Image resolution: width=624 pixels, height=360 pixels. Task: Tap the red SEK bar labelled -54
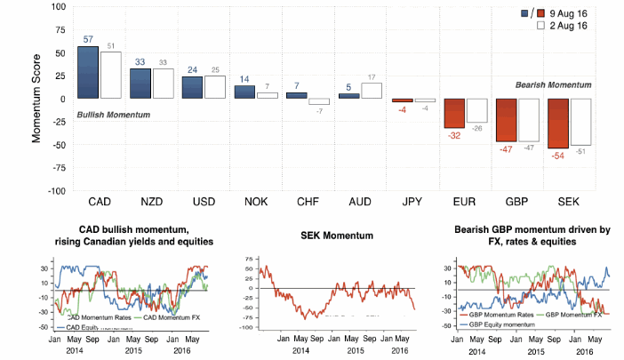point(559,123)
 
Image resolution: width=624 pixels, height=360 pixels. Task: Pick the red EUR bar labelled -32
point(454,113)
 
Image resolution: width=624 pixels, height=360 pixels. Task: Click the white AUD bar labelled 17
point(372,90)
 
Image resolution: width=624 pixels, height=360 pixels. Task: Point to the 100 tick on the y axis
point(58,6)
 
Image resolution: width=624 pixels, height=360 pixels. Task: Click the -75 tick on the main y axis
point(58,168)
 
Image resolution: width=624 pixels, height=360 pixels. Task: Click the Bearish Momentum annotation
point(555,84)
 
